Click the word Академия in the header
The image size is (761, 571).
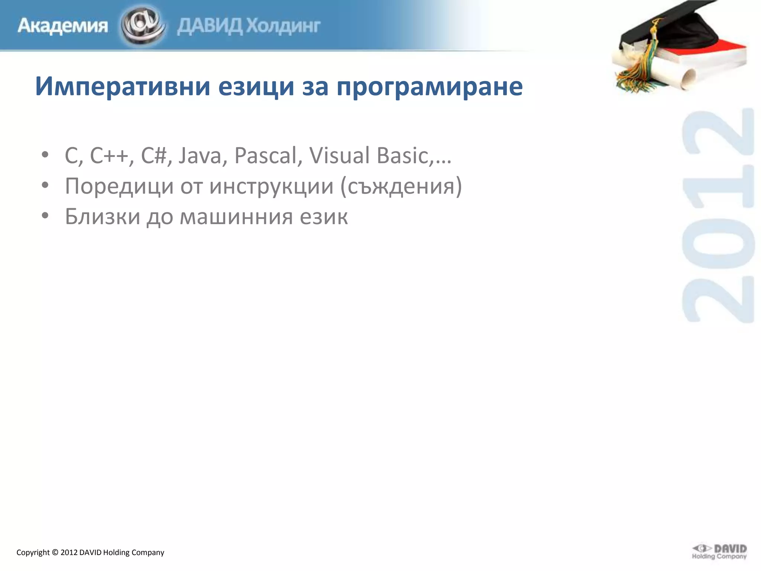click(62, 26)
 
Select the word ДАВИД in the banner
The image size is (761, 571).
click(210, 26)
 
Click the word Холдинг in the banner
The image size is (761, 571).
click(284, 26)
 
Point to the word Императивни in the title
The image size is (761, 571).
click(123, 87)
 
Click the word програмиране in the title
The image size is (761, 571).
click(430, 87)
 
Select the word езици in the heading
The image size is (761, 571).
click(256, 87)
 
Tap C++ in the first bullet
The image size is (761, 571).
click(111, 155)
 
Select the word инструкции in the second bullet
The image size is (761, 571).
click(271, 186)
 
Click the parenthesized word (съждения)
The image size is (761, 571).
click(401, 186)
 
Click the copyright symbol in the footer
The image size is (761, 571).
click(55, 552)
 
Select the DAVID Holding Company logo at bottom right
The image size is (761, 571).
click(719, 552)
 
